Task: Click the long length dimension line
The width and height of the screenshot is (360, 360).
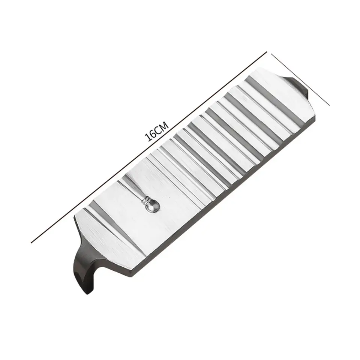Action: coord(149,147)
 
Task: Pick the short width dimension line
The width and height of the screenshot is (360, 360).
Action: coord(300,79)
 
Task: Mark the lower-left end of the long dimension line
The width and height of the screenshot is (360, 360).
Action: coord(31,243)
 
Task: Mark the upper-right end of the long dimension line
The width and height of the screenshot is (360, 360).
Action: coord(267,51)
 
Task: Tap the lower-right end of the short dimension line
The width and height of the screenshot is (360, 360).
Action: coord(330,105)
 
